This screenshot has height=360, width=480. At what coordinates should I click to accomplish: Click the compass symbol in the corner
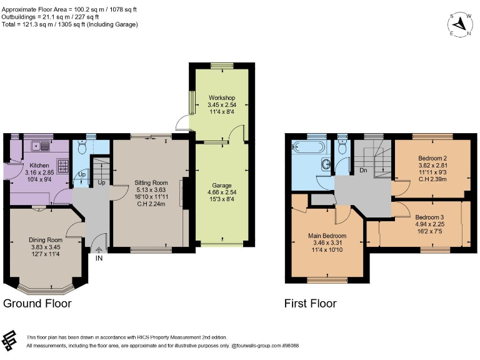(461, 24)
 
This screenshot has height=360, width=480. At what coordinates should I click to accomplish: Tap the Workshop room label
(221, 98)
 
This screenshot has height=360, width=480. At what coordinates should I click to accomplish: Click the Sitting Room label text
(150, 183)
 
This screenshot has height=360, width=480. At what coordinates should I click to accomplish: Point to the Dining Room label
(46, 239)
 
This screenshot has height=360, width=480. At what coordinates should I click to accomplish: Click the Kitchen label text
(39, 166)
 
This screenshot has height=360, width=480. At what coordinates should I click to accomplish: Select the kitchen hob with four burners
(62, 167)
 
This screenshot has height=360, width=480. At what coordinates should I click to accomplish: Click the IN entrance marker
(99, 257)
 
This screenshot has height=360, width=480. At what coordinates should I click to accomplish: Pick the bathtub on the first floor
(309, 148)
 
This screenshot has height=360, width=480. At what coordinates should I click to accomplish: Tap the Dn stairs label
(362, 169)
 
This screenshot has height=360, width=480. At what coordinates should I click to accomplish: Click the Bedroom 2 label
(431, 159)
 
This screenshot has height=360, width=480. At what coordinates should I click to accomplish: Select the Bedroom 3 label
(429, 216)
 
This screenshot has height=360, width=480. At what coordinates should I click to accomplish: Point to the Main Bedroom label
(327, 235)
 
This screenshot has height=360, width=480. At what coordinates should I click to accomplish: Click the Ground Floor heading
(37, 304)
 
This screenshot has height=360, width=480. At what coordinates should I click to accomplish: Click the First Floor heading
(311, 304)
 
